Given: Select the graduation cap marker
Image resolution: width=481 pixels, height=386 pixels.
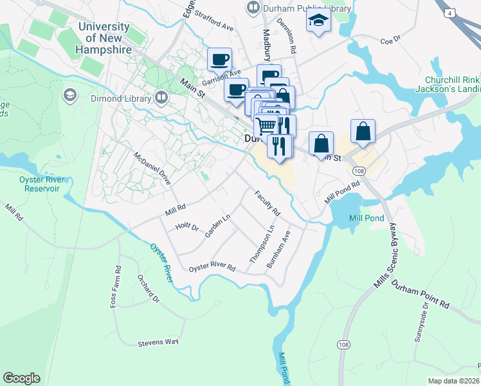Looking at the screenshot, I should (x=318, y=21).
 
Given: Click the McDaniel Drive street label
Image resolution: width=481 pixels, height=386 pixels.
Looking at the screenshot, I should (x=152, y=169).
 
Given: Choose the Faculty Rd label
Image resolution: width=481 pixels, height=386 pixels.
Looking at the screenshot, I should (x=268, y=203).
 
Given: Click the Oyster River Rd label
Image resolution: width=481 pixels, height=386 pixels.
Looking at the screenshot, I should (x=212, y=266).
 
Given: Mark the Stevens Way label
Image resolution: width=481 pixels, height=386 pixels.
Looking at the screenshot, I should (x=158, y=342).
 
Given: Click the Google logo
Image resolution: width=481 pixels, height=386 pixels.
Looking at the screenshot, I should (x=21, y=378).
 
